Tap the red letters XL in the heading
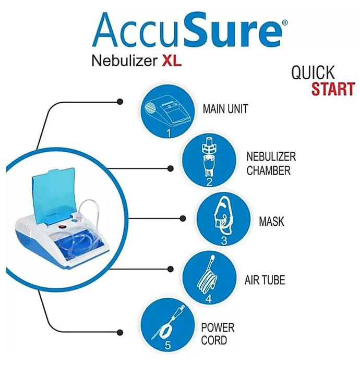click(172, 61)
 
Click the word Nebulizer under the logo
click(124, 61)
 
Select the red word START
click(333, 89)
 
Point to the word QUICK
click(313, 72)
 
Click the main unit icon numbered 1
click(167, 112)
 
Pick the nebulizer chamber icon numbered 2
click(209, 161)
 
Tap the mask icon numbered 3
click(223, 219)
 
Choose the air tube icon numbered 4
click(209, 278)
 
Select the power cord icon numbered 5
click(168, 325)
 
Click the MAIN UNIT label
click(225, 109)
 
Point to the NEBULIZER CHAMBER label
click(271, 164)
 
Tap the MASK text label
click(271, 222)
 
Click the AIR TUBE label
click(265, 280)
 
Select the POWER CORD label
click(218, 334)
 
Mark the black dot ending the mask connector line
click(183, 218)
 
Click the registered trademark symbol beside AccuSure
click(285, 22)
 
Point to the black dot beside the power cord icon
click(120, 332)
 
